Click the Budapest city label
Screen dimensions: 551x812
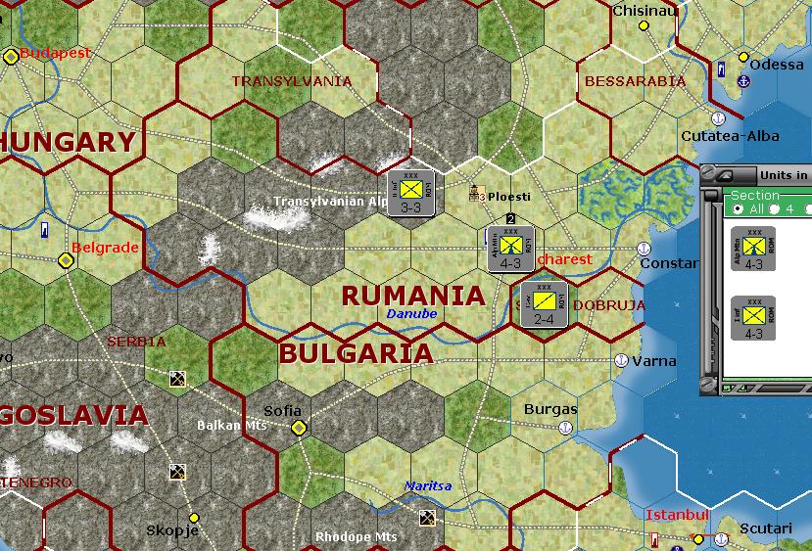coord(55,53)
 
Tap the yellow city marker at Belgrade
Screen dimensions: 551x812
coord(66,260)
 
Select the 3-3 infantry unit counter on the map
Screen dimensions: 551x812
coord(411,192)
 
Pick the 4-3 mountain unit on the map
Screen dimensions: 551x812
coord(509,249)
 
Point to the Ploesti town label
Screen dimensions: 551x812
coord(509,196)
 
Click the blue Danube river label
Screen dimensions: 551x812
coord(411,313)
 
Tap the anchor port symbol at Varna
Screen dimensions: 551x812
coord(621,360)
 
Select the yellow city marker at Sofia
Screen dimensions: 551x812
coord(298,428)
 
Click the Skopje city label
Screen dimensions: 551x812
coord(171,530)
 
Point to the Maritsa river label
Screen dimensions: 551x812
coord(428,486)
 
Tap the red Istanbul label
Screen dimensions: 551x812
coord(677,515)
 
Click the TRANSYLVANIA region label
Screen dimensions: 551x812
coord(291,81)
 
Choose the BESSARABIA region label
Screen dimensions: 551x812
coord(635,81)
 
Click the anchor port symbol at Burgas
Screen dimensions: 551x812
coord(565,428)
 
